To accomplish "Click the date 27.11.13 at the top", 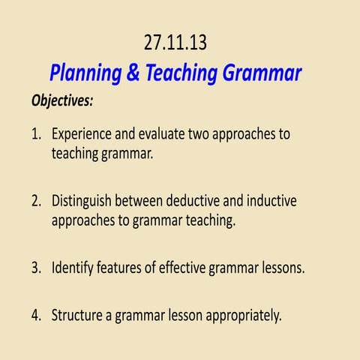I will pos(175,43).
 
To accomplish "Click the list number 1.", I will pos(36,135).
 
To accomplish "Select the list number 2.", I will pos(36,202).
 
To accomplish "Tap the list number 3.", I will pos(36,268).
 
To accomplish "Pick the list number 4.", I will pos(36,315).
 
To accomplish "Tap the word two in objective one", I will pos(214,135).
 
